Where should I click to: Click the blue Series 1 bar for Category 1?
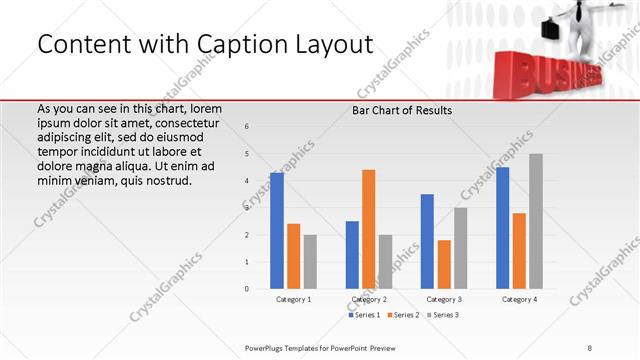point(277,231)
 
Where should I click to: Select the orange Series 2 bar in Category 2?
point(368,229)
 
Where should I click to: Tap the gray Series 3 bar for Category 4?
point(536,221)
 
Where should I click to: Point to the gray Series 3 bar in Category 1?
point(310,262)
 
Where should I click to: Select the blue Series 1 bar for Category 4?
point(502,228)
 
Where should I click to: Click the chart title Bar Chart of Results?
point(402,110)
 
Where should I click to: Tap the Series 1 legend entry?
point(365,315)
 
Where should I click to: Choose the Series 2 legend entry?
point(402,315)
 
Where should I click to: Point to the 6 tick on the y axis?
point(246,126)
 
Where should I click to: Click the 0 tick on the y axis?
point(246,289)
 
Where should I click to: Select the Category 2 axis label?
point(368,299)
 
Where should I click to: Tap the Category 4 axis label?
point(519,299)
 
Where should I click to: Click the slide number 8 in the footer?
point(590,347)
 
